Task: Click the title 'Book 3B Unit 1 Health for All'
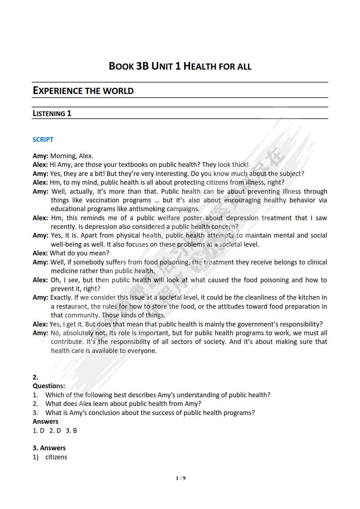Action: [180, 66]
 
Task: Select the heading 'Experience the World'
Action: [83, 91]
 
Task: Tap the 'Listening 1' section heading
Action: [52, 114]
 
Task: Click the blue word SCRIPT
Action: [43, 140]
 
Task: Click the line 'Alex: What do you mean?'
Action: [71, 253]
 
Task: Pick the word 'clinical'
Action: [315, 262]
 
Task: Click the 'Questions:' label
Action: [49, 386]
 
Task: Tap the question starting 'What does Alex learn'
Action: [123, 404]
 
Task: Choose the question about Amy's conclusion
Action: [150, 413]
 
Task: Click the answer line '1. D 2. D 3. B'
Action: [55, 431]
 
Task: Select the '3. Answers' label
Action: [49, 448]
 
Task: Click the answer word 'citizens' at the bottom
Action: [56, 457]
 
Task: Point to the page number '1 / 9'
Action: [181, 478]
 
